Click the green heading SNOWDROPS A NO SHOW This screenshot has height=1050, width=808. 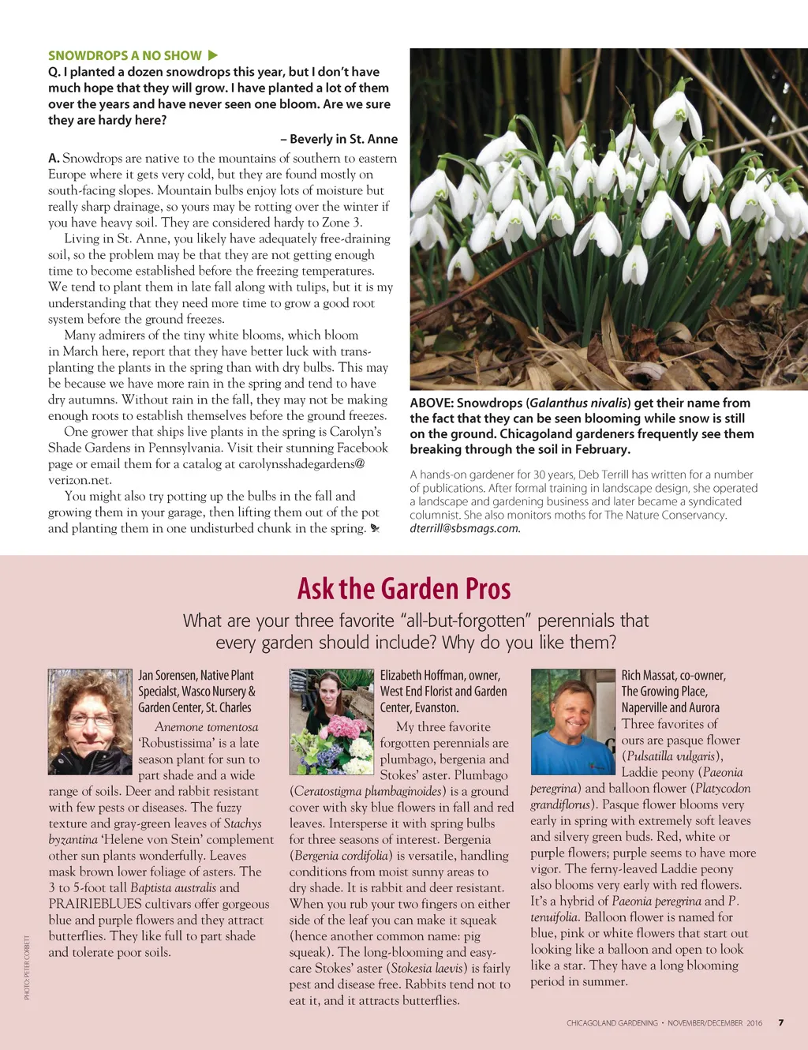(125, 55)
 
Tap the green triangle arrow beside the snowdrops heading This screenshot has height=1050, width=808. (212, 55)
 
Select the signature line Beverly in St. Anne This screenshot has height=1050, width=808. (339, 139)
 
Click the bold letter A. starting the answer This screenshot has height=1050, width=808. (54, 158)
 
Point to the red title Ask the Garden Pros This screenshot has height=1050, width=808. (404, 589)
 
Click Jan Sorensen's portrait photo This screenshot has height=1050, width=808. (89, 722)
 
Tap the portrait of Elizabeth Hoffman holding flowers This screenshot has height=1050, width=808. (331, 722)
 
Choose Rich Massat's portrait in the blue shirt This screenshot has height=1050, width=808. (573, 722)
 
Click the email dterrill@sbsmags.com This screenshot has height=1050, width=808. (465, 528)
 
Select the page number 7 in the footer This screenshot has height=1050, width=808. (781, 1022)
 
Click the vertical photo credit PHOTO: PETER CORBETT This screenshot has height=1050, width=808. (27, 968)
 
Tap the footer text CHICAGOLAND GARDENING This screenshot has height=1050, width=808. (612, 1023)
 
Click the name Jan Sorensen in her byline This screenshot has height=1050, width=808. (167, 676)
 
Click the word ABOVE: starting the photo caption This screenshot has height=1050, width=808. (431, 403)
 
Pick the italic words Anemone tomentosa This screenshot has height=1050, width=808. (206, 727)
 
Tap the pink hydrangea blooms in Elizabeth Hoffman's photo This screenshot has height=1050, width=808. (346, 726)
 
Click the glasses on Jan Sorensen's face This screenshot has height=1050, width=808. (91, 719)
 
